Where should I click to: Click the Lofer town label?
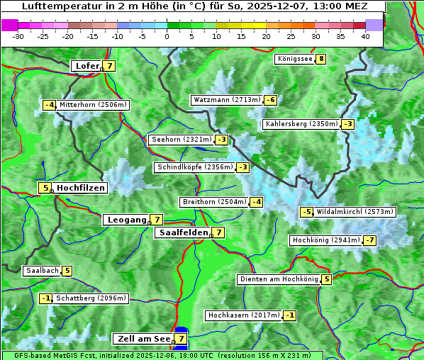[x=87, y=66]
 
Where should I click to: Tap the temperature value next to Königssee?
[x=321, y=59]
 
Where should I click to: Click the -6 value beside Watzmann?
[x=270, y=100]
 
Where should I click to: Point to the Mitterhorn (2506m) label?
[x=93, y=105]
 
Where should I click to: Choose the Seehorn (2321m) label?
[x=182, y=140]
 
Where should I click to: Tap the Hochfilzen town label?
[x=80, y=188]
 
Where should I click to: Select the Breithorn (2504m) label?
[x=213, y=202]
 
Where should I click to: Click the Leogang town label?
[x=126, y=220]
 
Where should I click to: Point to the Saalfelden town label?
[x=184, y=232]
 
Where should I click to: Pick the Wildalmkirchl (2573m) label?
[x=355, y=212]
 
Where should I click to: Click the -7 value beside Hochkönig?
[x=370, y=240]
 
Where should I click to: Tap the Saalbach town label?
[x=42, y=271]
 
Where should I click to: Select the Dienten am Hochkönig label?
[x=278, y=279]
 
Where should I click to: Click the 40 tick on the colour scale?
[x=364, y=35]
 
